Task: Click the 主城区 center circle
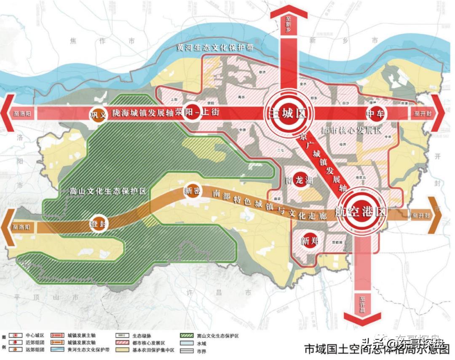point(285,113)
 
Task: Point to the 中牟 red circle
point(376,113)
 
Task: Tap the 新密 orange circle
point(191,191)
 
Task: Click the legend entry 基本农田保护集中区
point(154,350)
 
